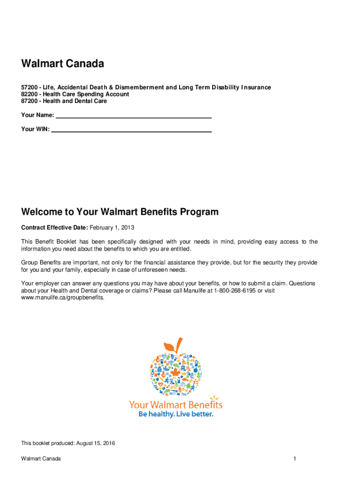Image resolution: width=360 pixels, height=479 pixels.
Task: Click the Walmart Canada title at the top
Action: (x=62, y=64)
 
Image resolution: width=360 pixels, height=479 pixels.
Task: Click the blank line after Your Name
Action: (x=134, y=116)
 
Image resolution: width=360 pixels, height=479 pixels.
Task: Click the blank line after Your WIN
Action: (x=131, y=130)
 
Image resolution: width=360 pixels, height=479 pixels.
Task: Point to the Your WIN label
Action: (x=35, y=129)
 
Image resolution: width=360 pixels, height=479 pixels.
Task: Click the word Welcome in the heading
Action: (x=43, y=212)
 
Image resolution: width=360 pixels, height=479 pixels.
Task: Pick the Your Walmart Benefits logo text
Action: (x=176, y=405)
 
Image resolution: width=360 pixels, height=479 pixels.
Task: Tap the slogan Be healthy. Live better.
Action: (x=176, y=414)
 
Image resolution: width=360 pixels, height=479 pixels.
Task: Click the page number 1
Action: (x=295, y=459)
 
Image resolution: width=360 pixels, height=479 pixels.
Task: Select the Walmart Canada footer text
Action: (x=41, y=459)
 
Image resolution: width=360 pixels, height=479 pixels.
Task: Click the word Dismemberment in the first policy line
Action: (x=137, y=87)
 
